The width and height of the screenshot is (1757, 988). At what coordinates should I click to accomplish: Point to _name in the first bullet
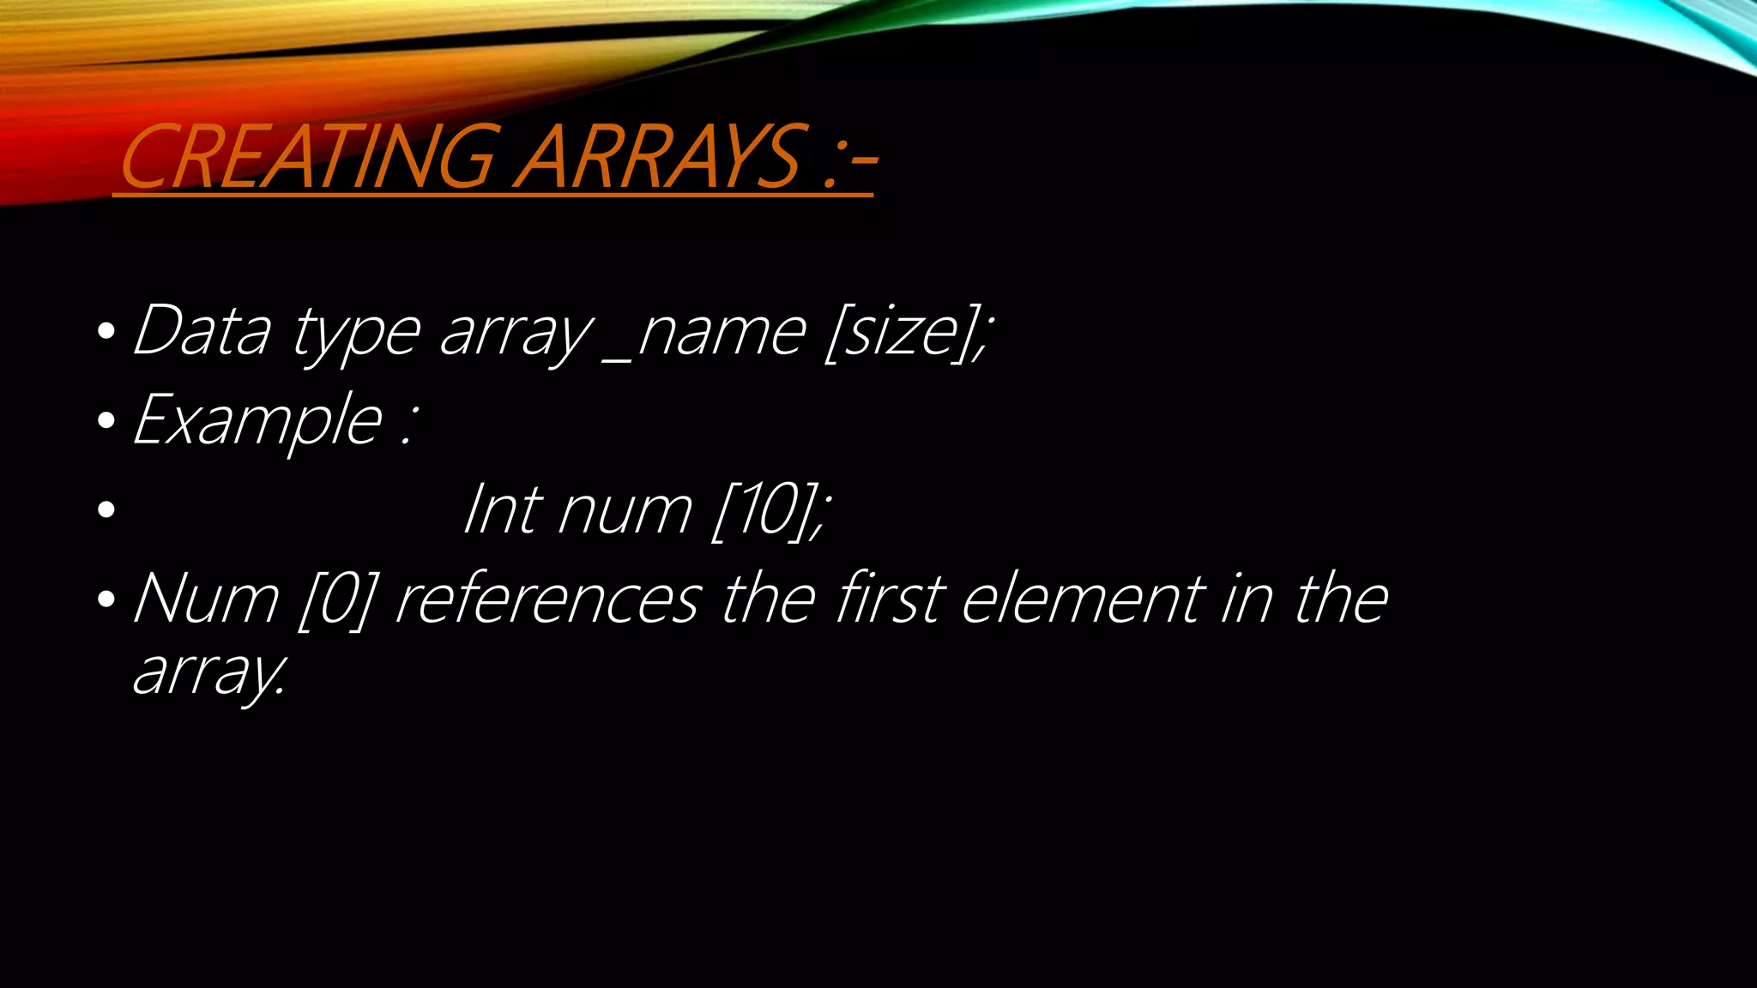click(703, 333)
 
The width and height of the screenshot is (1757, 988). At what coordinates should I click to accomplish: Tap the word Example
click(257, 420)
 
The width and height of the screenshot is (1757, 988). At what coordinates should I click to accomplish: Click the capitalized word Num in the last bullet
click(206, 599)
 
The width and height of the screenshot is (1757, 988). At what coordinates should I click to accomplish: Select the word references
click(547, 599)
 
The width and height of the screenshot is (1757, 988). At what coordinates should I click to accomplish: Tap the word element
click(1083, 599)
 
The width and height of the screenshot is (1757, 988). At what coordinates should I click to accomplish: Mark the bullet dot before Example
click(106, 420)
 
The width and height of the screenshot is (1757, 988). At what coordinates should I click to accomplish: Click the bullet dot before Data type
click(106, 331)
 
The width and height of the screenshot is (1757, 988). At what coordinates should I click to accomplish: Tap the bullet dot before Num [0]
click(106, 599)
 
